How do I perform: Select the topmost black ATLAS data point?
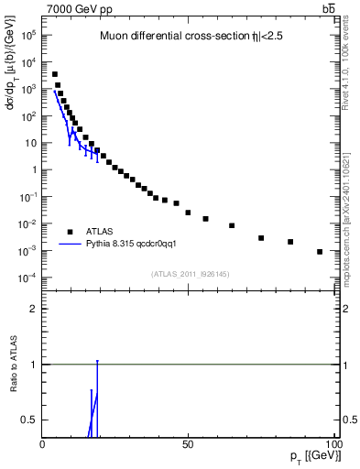coord(55,74)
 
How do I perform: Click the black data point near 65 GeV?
coord(232,225)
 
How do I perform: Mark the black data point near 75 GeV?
coord(261,238)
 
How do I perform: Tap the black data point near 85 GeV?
coord(290,242)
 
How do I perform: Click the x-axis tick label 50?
coord(188,443)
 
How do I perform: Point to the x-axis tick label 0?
coord(43,443)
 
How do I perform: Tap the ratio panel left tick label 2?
coord(34,309)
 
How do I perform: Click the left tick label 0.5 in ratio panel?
coord(30,420)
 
